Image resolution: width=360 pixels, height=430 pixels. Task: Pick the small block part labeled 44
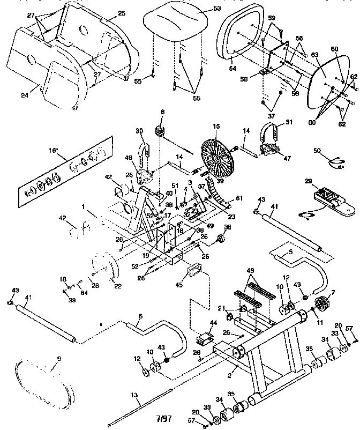(x=205, y=339)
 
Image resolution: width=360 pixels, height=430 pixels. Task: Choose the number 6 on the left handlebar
(x=140, y=316)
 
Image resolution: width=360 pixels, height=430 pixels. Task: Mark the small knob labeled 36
(x=221, y=238)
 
